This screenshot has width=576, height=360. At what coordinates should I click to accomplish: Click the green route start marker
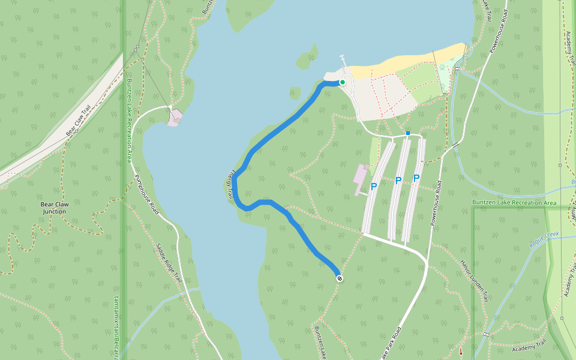point(342,82)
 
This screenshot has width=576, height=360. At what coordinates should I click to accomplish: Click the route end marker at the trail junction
point(340,278)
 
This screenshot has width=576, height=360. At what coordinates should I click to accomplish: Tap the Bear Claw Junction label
point(54,208)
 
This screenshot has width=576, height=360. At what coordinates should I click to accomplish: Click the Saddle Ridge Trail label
point(169,262)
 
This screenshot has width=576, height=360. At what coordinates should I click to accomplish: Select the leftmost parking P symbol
point(373,187)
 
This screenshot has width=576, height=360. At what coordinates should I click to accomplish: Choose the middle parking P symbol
point(398,181)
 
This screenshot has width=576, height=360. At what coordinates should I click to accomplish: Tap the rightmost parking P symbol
point(416,178)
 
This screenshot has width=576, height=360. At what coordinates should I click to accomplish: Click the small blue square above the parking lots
point(408,133)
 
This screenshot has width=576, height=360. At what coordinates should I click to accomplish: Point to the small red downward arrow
point(461,352)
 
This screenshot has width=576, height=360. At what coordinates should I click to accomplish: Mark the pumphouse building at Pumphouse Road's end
point(175,117)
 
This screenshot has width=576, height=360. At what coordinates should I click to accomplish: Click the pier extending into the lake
point(343,62)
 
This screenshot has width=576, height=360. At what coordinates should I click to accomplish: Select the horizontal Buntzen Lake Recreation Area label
point(514,203)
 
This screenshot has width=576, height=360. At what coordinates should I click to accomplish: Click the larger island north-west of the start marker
point(306,59)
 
